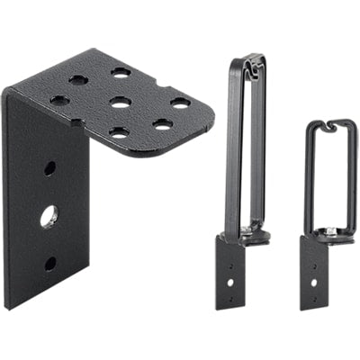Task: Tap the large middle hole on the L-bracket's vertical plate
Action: click(49, 216)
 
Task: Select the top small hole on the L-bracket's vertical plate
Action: click(49, 168)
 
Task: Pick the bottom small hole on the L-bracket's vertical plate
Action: click(49, 264)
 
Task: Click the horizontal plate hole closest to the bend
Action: click(59, 100)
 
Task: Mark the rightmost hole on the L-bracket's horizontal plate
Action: click(181, 103)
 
